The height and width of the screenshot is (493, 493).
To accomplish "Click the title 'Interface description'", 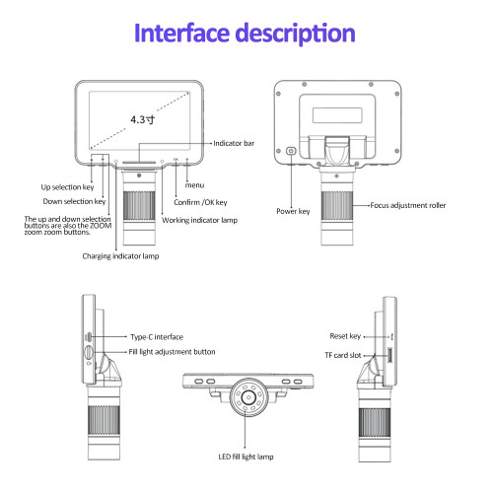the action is tap(245, 34).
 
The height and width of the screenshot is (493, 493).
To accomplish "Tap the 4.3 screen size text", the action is tap(143, 119).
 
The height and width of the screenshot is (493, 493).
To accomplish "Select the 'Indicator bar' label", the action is tap(234, 143).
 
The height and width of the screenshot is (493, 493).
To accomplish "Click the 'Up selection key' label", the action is tap(67, 187).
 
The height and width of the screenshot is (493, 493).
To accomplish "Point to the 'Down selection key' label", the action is tap(74, 201).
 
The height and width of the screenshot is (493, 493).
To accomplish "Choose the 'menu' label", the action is tap(194, 185).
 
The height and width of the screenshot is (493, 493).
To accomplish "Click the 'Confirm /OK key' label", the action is tap(200, 202).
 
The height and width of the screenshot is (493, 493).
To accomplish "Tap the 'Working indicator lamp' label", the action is tap(199, 220).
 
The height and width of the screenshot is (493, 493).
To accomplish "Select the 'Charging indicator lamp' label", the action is tap(120, 256).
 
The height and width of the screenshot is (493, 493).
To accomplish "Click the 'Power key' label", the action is tap(293, 211).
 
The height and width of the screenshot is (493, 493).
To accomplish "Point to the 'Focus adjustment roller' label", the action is tap(408, 205).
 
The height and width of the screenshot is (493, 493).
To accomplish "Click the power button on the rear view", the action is tap(291, 151).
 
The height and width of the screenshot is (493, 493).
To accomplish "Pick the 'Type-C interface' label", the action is tap(157, 337).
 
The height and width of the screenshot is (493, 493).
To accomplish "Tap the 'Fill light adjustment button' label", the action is tap(172, 352).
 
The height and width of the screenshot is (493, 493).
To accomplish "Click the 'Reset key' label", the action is tap(345, 336).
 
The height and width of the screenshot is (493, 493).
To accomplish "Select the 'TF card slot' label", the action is tap(343, 355).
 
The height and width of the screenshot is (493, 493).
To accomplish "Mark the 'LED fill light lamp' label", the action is tap(246, 457).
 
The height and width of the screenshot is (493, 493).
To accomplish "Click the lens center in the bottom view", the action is tap(248, 397).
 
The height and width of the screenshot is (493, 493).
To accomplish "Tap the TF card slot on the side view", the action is tap(389, 355).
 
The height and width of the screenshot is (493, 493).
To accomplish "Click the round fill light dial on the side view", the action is tap(89, 352).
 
